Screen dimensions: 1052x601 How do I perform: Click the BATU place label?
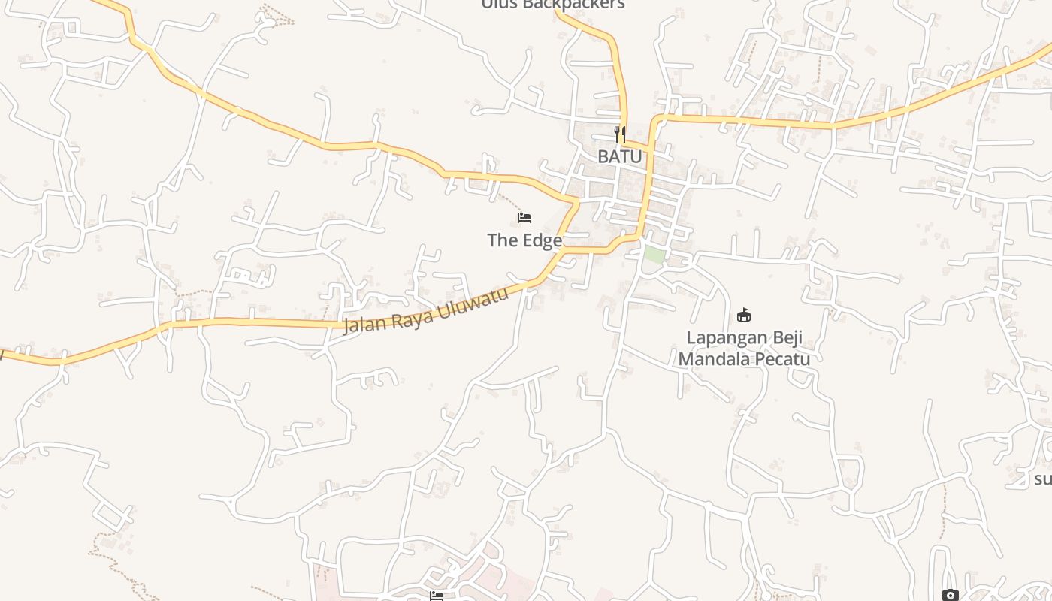pos(620,156)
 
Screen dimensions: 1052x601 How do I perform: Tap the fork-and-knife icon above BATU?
pos(620,134)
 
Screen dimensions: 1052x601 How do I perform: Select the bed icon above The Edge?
pos(524,218)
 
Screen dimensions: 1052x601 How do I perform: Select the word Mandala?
pos(715,358)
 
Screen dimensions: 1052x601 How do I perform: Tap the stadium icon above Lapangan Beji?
pos(744,315)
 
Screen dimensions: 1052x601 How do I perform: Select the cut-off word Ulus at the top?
pos(497,5)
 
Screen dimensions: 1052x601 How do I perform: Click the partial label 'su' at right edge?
pos(1043,479)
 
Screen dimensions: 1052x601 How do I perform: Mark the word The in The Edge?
pos(502,240)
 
